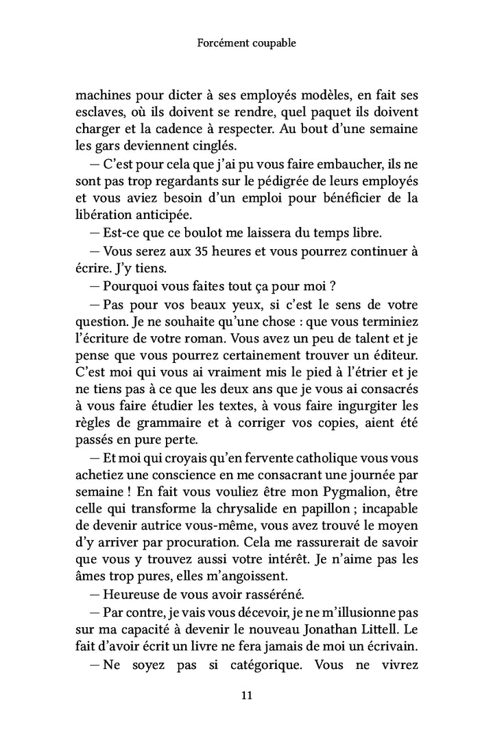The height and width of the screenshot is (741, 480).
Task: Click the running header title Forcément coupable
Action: click(245, 43)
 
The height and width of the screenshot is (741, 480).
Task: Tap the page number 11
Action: click(248, 696)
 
